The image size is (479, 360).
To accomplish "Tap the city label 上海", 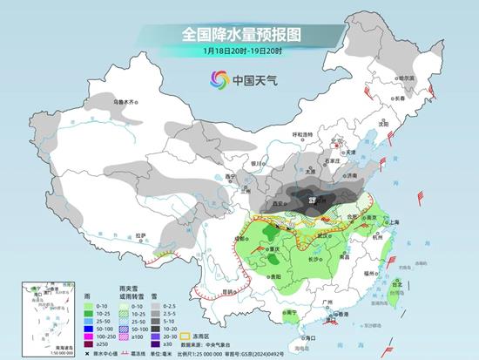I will (x=390, y=222).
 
